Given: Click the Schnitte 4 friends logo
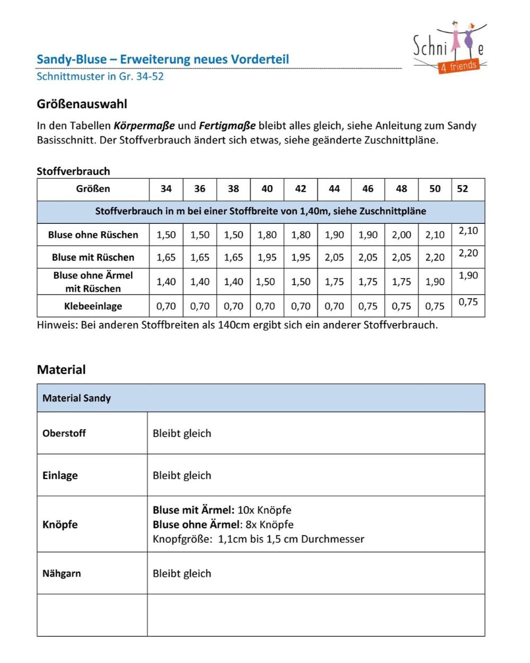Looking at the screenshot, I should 449,49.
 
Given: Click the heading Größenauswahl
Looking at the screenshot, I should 82,104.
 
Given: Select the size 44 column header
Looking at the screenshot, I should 334,189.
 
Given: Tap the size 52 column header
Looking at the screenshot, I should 462,189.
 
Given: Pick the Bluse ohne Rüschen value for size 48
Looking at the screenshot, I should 401,235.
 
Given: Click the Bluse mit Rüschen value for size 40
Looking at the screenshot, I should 267,257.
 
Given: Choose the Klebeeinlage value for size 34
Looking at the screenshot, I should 166,306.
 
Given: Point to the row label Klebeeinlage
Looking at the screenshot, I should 93,306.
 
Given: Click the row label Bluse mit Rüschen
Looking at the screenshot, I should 93,257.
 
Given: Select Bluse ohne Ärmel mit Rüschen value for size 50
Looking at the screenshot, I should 435,282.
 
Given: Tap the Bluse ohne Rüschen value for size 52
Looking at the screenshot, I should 468,231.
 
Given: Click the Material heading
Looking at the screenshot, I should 61,370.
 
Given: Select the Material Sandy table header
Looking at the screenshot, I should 76,398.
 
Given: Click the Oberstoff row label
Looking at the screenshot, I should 64,433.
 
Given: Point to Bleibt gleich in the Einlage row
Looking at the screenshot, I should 182,475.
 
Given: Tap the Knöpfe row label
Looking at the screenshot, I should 60,525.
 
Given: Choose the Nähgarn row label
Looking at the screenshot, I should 61,573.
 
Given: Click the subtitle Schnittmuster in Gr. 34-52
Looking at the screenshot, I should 100,76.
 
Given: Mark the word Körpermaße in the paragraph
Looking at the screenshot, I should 144,126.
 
